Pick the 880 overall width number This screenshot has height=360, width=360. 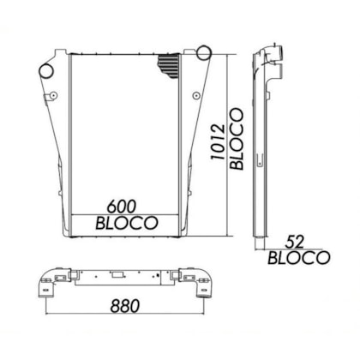click(x=125, y=306)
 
